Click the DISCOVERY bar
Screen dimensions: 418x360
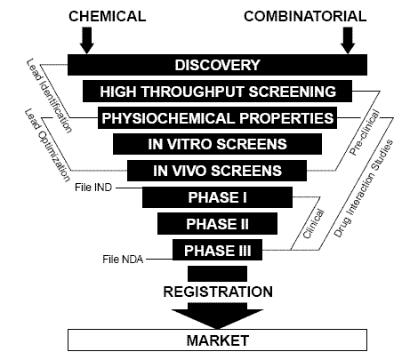click(217, 65)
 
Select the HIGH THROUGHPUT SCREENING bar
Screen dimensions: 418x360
click(217, 92)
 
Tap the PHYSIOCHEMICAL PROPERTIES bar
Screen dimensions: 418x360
click(217, 118)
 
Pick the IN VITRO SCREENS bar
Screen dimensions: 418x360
click(217, 144)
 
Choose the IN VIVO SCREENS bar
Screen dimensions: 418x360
click(217, 171)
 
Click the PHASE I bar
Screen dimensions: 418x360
click(217, 197)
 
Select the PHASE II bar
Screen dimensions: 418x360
click(217, 224)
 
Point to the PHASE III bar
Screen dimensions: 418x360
click(217, 250)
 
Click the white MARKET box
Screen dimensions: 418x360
click(217, 340)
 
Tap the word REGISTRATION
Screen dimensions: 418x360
click(218, 292)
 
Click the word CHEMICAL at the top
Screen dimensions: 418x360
click(108, 16)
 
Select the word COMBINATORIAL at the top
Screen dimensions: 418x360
click(305, 16)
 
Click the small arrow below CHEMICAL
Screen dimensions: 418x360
click(86, 41)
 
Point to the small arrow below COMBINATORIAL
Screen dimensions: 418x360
click(348, 41)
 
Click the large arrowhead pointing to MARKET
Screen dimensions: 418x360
click(217, 316)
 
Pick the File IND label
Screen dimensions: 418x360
click(93, 188)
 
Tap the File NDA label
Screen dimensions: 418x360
click(123, 260)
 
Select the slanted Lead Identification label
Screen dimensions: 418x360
click(49, 95)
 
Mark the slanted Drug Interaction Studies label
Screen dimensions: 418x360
click(363, 188)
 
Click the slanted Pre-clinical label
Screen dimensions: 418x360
click(365, 132)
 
